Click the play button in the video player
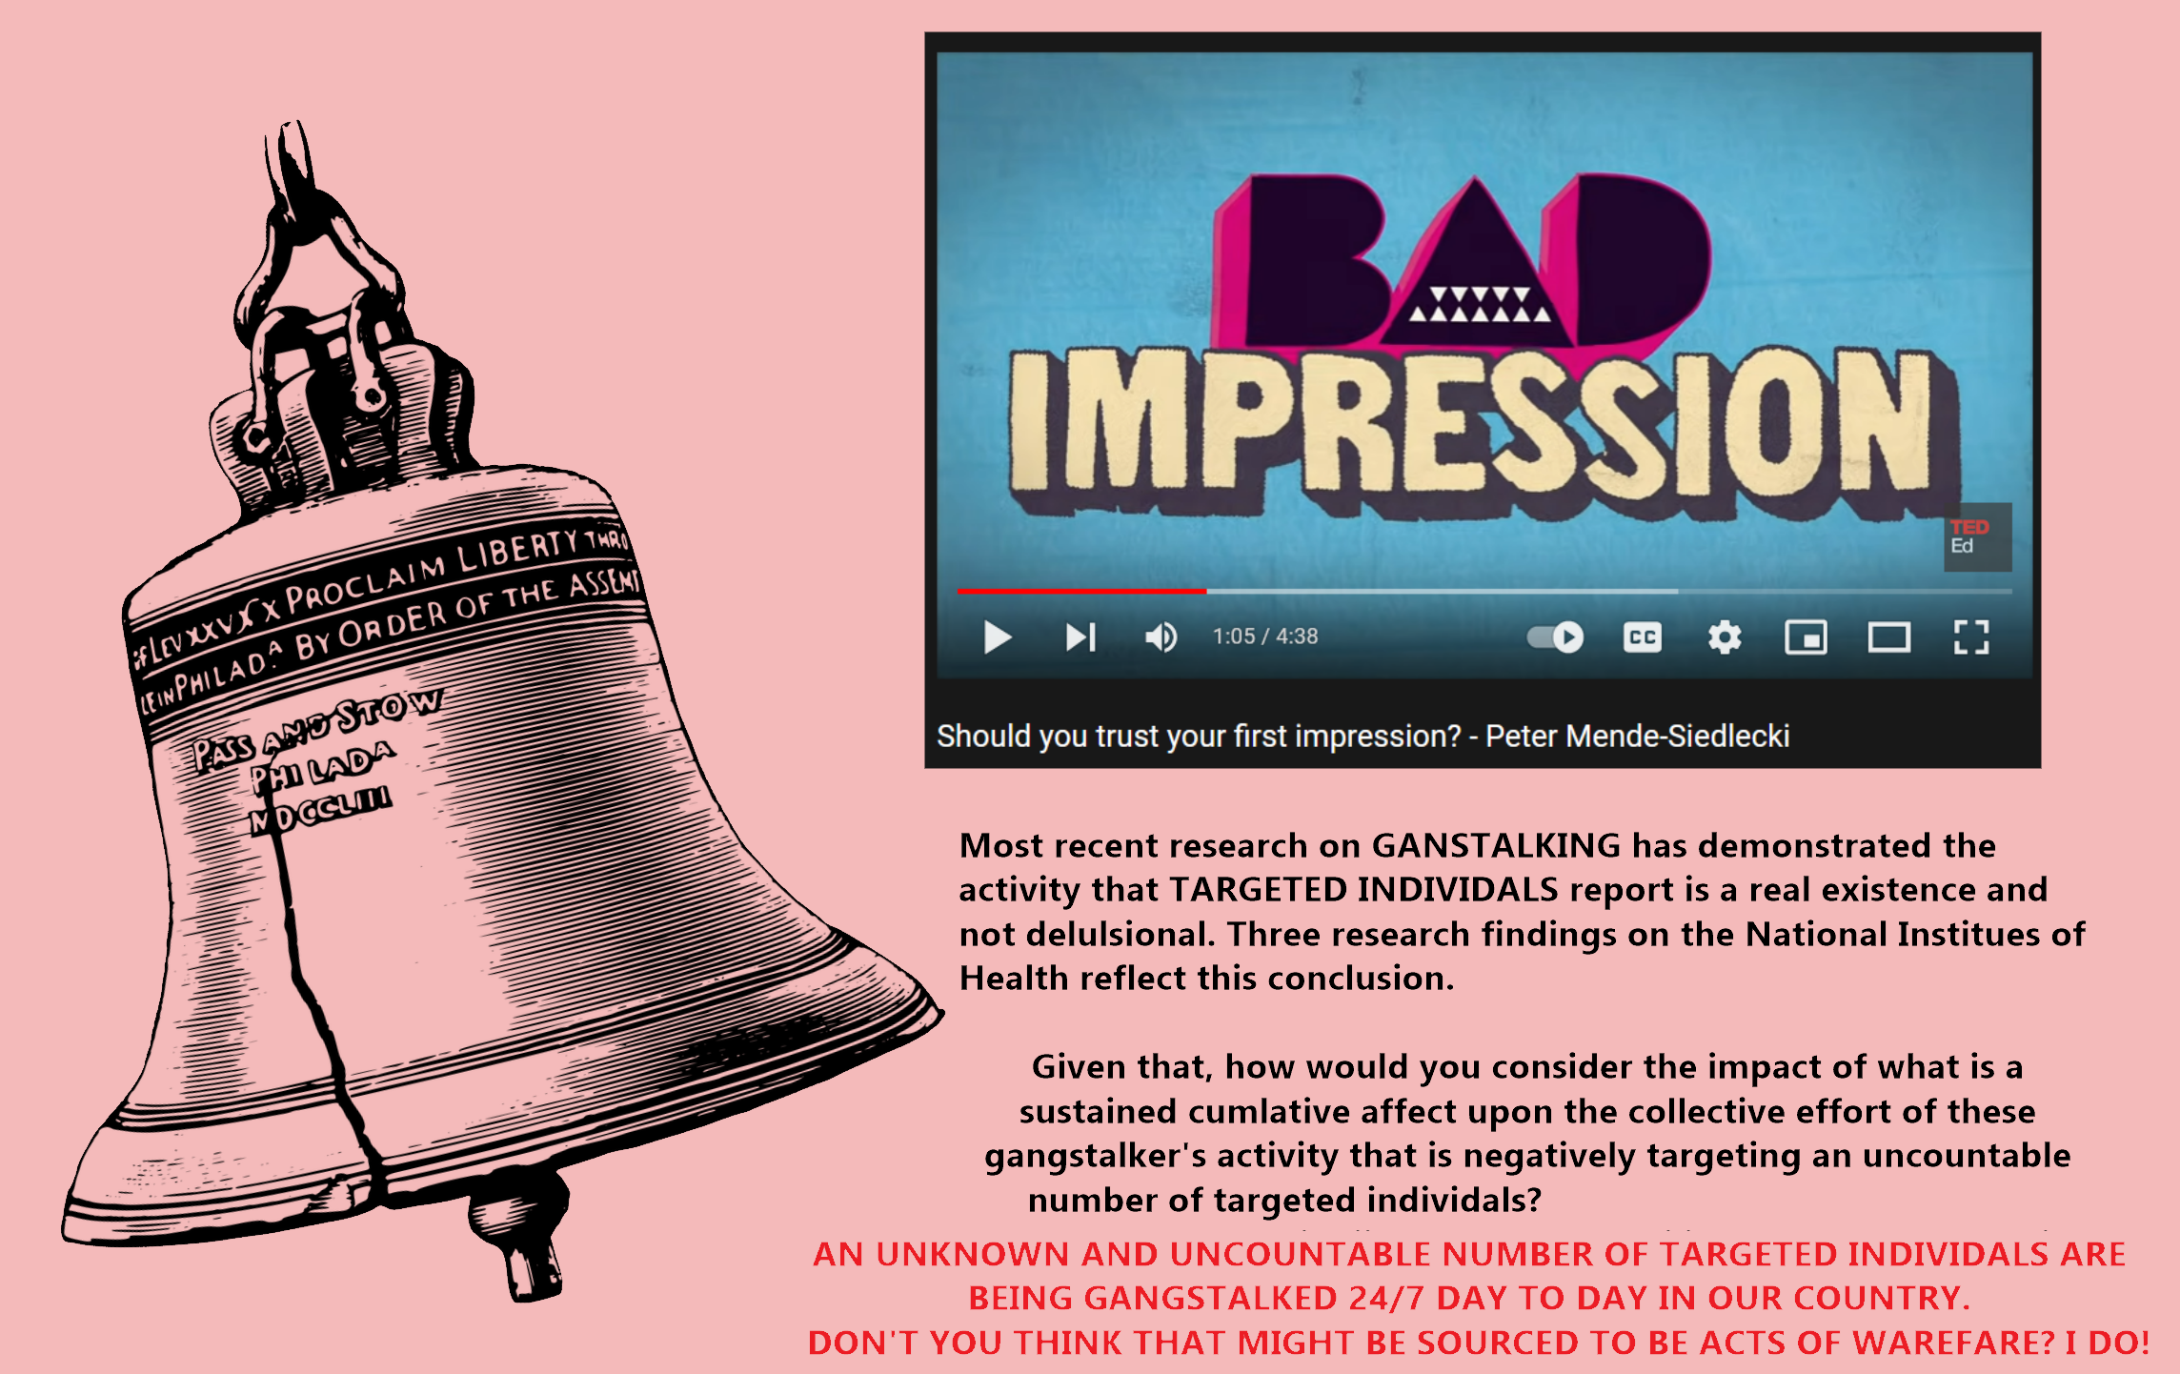(x=997, y=637)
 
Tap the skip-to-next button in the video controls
(x=1081, y=637)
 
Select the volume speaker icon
(x=1161, y=637)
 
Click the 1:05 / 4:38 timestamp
(x=1264, y=636)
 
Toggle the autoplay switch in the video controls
(x=1555, y=636)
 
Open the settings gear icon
(x=1725, y=637)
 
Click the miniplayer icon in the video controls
(x=1806, y=637)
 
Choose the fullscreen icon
(x=1971, y=637)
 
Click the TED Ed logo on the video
(x=1977, y=537)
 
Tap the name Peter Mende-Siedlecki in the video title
(x=1637, y=737)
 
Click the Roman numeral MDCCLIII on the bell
(x=320, y=810)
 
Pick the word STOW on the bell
(x=389, y=710)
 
